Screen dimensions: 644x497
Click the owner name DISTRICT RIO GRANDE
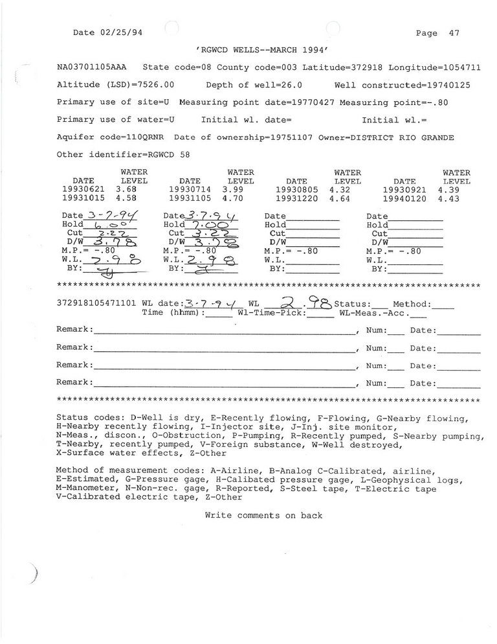click(402, 137)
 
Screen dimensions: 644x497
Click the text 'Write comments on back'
click(263, 516)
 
